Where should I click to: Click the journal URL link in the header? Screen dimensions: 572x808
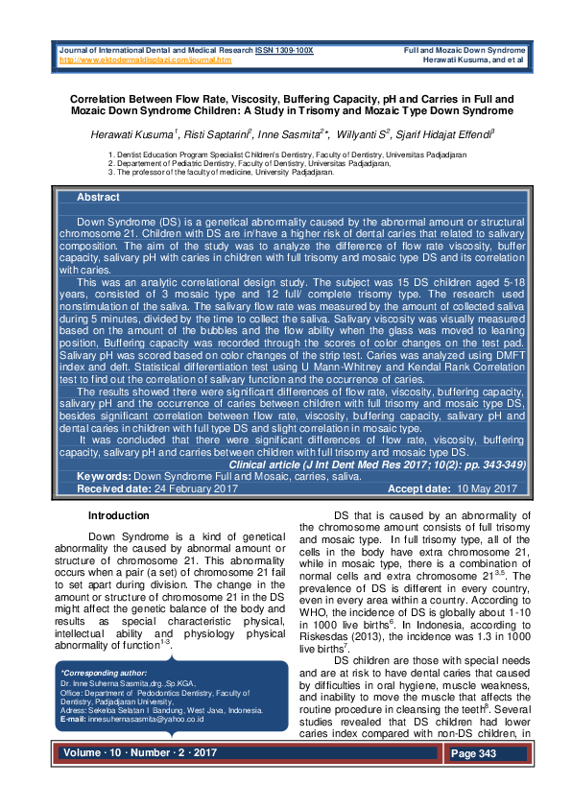(146, 59)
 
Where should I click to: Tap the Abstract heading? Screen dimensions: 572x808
(98, 197)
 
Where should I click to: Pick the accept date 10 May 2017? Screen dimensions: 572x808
(487, 488)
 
